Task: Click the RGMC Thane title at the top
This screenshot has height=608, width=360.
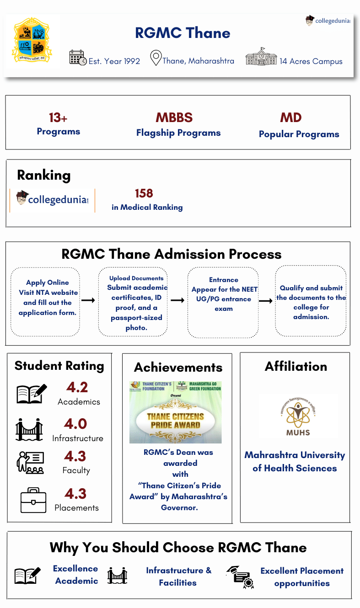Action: coord(183,33)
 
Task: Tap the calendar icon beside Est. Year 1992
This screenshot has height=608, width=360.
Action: coord(78,58)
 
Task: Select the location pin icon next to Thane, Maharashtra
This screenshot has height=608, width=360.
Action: coord(156,59)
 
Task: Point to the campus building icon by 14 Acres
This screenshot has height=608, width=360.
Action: coord(261,57)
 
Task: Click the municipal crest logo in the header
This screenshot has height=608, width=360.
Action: coord(32,41)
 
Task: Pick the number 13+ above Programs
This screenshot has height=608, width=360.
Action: coord(58,118)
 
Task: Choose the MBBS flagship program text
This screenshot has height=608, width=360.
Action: coord(174,117)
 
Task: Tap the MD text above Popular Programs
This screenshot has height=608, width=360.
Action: coord(291,117)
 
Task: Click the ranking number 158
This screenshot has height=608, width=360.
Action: coord(144,193)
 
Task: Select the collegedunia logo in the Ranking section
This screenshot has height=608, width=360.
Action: coord(53,200)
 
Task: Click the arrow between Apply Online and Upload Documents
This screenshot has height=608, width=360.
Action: coord(88,300)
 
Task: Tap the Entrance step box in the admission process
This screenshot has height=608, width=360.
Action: coord(223,302)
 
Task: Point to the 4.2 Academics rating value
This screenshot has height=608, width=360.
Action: coord(77,388)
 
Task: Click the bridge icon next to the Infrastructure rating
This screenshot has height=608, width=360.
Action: coord(29,430)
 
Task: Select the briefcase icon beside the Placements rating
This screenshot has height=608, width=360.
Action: coord(33,500)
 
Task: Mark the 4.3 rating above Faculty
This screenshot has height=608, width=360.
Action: coord(75,456)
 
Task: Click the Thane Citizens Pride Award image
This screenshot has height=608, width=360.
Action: coord(175,412)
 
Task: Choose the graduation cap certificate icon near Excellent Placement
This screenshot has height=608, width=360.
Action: coord(240,577)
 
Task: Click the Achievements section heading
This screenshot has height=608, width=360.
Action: coord(178,367)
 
